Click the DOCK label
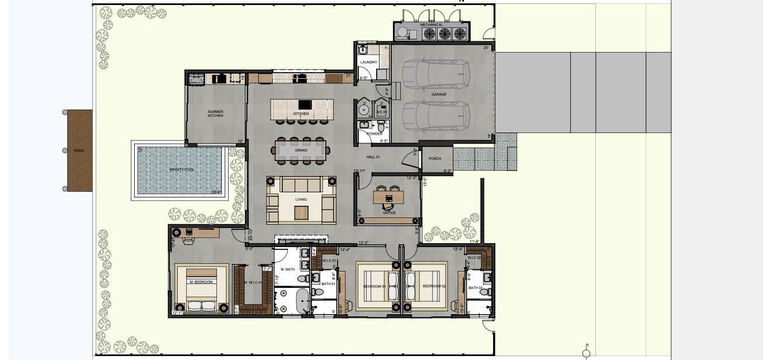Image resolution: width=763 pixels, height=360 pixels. pos(79,150)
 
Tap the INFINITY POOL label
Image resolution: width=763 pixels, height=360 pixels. pos(182,169)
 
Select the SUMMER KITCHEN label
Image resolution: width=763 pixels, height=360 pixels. pos(215,113)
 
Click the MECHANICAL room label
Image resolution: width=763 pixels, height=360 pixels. pos(432,25)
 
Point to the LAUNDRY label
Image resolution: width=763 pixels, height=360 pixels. pos(368,62)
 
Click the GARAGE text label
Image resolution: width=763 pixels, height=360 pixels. pos(439,94)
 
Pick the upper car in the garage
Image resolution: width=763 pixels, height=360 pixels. pos(436,74)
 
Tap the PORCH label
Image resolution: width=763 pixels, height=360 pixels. pos(435,159)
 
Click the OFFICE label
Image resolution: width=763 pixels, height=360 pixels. pos(389,213)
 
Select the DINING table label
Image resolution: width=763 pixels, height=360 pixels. pos(301,150)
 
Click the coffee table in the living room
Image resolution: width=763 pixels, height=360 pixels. pos(301,212)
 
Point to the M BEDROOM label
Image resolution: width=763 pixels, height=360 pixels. pos(201,282)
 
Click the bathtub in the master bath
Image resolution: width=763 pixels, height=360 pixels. pos(301,302)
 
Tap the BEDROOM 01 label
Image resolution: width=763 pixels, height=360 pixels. pos(375,286)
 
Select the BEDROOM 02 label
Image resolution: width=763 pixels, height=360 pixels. pos(434,286)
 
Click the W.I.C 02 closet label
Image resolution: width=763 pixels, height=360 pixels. pos(474,258)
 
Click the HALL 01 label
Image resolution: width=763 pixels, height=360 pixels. pos(373,157)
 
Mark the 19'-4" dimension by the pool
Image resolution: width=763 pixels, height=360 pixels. pos(216,192)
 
